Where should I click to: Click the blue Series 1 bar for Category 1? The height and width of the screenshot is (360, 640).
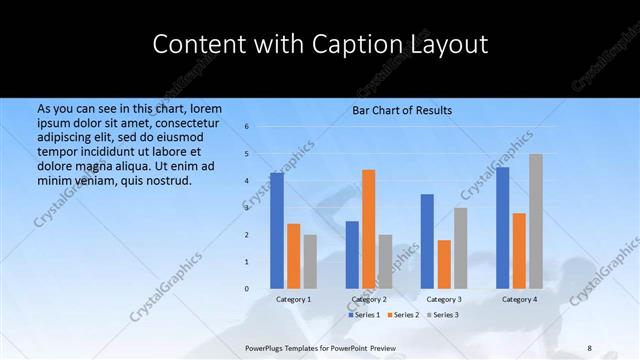277,230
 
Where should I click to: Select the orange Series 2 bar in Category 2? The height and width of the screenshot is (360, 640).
369,229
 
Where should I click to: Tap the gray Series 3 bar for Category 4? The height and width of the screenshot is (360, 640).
536,221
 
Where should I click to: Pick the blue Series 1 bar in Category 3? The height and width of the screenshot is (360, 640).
427,241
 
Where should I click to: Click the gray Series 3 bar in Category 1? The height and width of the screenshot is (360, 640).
310,261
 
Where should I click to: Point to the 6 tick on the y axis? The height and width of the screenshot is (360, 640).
246,127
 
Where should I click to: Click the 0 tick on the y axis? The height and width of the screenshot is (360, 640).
246,288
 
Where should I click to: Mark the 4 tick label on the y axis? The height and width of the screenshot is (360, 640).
246,181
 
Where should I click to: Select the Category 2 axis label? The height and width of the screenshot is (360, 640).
369,299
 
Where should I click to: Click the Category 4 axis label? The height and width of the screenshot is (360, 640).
519,299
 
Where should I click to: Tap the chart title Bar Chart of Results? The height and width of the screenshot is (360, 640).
402,110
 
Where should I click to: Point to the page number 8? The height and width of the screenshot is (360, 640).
590,348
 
